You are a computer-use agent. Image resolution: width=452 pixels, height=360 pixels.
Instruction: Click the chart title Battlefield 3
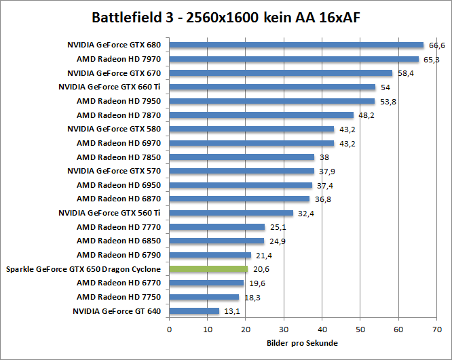[x=226, y=17]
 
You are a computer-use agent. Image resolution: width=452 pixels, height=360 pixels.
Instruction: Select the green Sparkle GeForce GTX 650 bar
[x=208, y=269]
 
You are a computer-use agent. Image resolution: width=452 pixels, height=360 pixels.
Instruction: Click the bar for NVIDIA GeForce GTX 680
[x=296, y=45]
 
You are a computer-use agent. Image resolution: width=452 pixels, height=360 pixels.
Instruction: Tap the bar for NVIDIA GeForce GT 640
[x=194, y=311]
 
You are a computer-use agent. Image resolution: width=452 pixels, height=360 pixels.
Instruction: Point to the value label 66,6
[x=436, y=45]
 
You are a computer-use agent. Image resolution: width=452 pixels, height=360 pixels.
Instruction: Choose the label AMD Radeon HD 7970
[x=119, y=59]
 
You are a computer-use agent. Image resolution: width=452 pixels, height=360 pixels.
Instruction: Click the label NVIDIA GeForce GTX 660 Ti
[x=110, y=87]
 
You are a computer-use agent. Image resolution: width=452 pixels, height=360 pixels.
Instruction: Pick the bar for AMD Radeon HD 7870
[x=261, y=115]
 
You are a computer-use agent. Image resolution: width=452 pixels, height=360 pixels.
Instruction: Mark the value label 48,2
[x=366, y=115]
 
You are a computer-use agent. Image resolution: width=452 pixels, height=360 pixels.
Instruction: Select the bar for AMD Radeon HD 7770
[x=216, y=227]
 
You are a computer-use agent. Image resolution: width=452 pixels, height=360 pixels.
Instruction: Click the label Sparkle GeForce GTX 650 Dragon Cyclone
[x=83, y=269]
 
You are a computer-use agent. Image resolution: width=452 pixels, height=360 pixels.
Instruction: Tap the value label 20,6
[x=260, y=269]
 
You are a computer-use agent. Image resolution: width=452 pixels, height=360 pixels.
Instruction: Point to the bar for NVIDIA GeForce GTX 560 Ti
[x=231, y=213]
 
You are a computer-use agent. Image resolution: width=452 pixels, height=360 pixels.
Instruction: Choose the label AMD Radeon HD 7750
[x=119, y=297]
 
